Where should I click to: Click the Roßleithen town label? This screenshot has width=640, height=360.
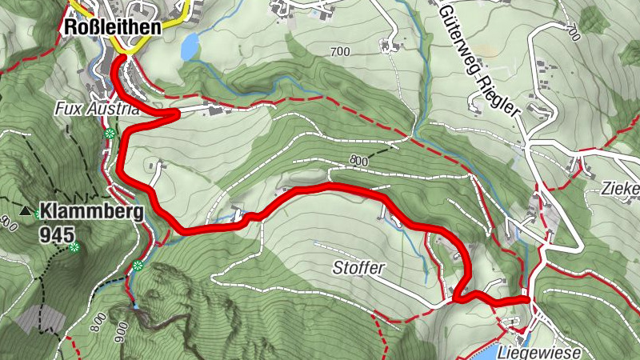(111, 26)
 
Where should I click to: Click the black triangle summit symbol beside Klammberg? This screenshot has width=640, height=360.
(26, 212)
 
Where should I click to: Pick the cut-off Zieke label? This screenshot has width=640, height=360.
(622, 190)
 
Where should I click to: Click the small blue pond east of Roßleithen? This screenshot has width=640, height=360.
(189, 49)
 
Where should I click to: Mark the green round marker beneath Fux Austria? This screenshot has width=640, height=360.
(111, 133)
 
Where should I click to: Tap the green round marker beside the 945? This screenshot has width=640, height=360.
(74, 249)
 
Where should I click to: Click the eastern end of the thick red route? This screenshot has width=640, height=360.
(527, 300)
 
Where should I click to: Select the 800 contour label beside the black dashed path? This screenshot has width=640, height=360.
(358, 161)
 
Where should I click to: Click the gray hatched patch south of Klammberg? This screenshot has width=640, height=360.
(40, 319)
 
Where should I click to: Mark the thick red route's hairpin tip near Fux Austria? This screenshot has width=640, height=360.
(176, 115)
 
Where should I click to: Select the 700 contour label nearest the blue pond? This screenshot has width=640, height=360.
(339, 51)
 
